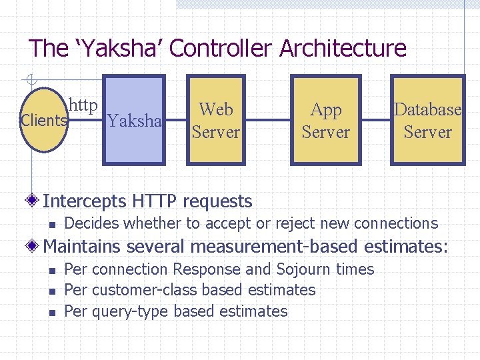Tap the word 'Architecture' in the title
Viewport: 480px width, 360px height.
(x=343, y=48)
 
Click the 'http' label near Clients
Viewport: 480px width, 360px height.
(x=84, y=105)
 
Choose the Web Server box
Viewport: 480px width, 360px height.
(x=215, y=120)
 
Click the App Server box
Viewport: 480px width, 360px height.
(x=325, y=120)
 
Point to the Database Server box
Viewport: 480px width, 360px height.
(x=427, y=120)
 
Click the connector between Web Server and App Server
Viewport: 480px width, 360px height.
(x=267, y=121)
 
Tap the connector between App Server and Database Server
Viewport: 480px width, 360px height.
(x=375, y=121)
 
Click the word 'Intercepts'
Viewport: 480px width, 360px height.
(x=85, y=201)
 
